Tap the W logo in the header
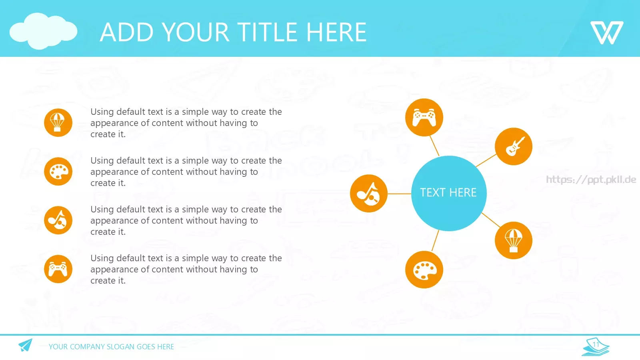(x=607, y=32)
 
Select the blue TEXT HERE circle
(x=448, y=193)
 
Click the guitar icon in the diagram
(x=514, y=146)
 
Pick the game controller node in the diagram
(x=424, y=117)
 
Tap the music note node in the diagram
(x=368, y=194)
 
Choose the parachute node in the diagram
(x=514, y=240)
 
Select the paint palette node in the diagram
(x=424, y=270)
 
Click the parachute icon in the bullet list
(x=58, y=122)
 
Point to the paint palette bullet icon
(x=58, y=172)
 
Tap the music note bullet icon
(x=58, y=220)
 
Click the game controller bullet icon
(x=58, y=269)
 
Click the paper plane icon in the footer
(x=26, y=345)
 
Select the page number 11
(x=596, y=344)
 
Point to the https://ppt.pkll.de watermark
(x=591, y=180)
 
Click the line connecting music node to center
(x=400, y=194)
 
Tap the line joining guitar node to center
(x=486, y=160)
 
